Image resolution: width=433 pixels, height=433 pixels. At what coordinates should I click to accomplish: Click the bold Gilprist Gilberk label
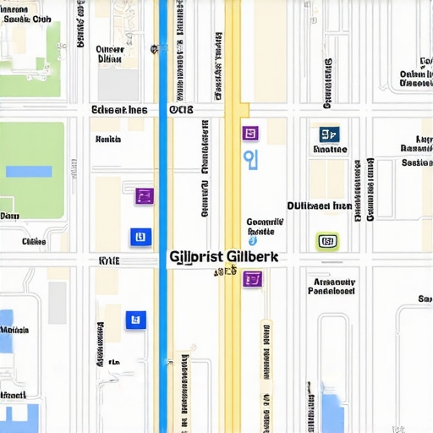point(227,255)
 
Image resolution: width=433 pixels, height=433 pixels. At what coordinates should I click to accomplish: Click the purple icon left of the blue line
point(145,196)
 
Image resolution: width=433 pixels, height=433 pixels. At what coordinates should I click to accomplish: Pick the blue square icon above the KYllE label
point(140,238)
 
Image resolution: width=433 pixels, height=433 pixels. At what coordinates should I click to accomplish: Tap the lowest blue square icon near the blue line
point(135,320)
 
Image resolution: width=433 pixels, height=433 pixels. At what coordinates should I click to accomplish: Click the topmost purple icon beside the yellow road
point(250,133)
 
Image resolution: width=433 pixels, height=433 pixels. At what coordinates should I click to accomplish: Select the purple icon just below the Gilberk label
point(252,278)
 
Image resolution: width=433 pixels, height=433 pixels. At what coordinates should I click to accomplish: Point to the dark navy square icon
point(329,134)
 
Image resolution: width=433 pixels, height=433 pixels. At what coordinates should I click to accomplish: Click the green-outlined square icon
point(327,242)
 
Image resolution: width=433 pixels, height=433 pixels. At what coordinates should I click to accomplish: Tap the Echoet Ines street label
point(119,110)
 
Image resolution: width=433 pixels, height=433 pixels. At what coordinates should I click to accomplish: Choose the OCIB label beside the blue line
point(181,110)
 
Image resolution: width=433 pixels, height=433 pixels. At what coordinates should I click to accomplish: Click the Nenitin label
point(109,139)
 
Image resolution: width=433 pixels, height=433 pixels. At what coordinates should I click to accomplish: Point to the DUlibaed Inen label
point(319,206)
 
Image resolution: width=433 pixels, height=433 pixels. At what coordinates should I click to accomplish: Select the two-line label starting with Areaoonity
point(332,286)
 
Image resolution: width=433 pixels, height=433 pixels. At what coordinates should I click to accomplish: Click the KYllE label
point(109,261)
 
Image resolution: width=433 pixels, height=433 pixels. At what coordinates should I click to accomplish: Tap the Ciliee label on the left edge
point(34,241)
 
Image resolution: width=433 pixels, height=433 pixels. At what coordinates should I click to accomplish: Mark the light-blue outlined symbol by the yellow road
point(249,158)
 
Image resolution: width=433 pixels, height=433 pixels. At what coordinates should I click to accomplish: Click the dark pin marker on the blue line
point(155,49)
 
